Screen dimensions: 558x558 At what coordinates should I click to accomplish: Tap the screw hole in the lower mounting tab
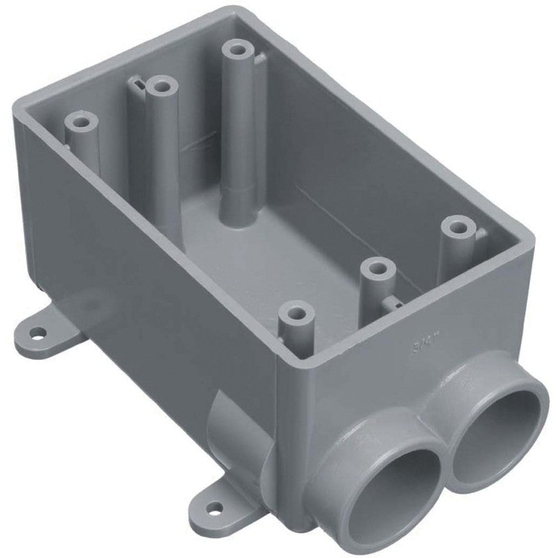(x=217, y=509)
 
